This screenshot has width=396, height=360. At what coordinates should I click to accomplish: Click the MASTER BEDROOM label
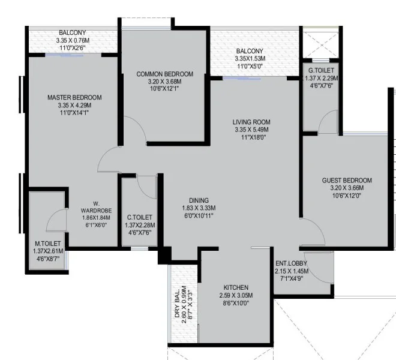(x=74, y=98)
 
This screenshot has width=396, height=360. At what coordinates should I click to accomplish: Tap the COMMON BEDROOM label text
(x=164, y=74)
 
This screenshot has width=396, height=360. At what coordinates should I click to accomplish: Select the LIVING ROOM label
(x=251, y=122)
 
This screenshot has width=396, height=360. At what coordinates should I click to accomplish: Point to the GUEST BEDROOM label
(x=347, y=181)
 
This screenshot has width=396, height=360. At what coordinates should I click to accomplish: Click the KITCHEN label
(x=236, y=287)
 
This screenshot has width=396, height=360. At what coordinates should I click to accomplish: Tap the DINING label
(x=199, y=200)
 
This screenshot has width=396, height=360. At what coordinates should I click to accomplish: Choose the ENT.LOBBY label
(x=291, y=263)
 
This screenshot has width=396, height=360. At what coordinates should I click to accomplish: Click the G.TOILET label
(x=321, y=70)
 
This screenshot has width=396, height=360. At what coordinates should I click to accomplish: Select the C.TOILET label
(x=140, y=217)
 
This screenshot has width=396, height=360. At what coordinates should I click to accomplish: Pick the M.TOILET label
(x=48, y=244)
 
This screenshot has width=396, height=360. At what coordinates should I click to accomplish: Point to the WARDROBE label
(x=96, y=210)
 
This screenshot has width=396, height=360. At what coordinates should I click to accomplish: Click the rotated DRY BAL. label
(x=177, y=304)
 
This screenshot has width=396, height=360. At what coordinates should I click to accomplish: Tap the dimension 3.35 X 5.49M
(x=251, y=130)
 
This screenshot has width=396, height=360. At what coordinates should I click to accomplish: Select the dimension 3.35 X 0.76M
(x=73, y=40)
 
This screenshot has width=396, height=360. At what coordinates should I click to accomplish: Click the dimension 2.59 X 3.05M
(x=236, y=295)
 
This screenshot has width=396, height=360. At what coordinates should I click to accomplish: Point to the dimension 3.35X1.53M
(x=250, y=59)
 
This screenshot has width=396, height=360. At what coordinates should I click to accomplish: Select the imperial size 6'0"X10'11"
(x=199, y=215)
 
